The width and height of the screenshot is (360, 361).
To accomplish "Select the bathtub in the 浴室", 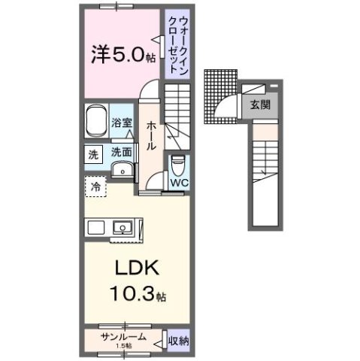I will point(95,122).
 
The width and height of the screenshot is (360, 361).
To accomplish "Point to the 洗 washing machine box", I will point(92,154).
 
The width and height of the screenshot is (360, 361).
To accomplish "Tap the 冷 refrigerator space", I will point(95,185).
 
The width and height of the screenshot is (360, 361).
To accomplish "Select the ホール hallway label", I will point(152,135).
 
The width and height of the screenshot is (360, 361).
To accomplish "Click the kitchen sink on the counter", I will point(120,227).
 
